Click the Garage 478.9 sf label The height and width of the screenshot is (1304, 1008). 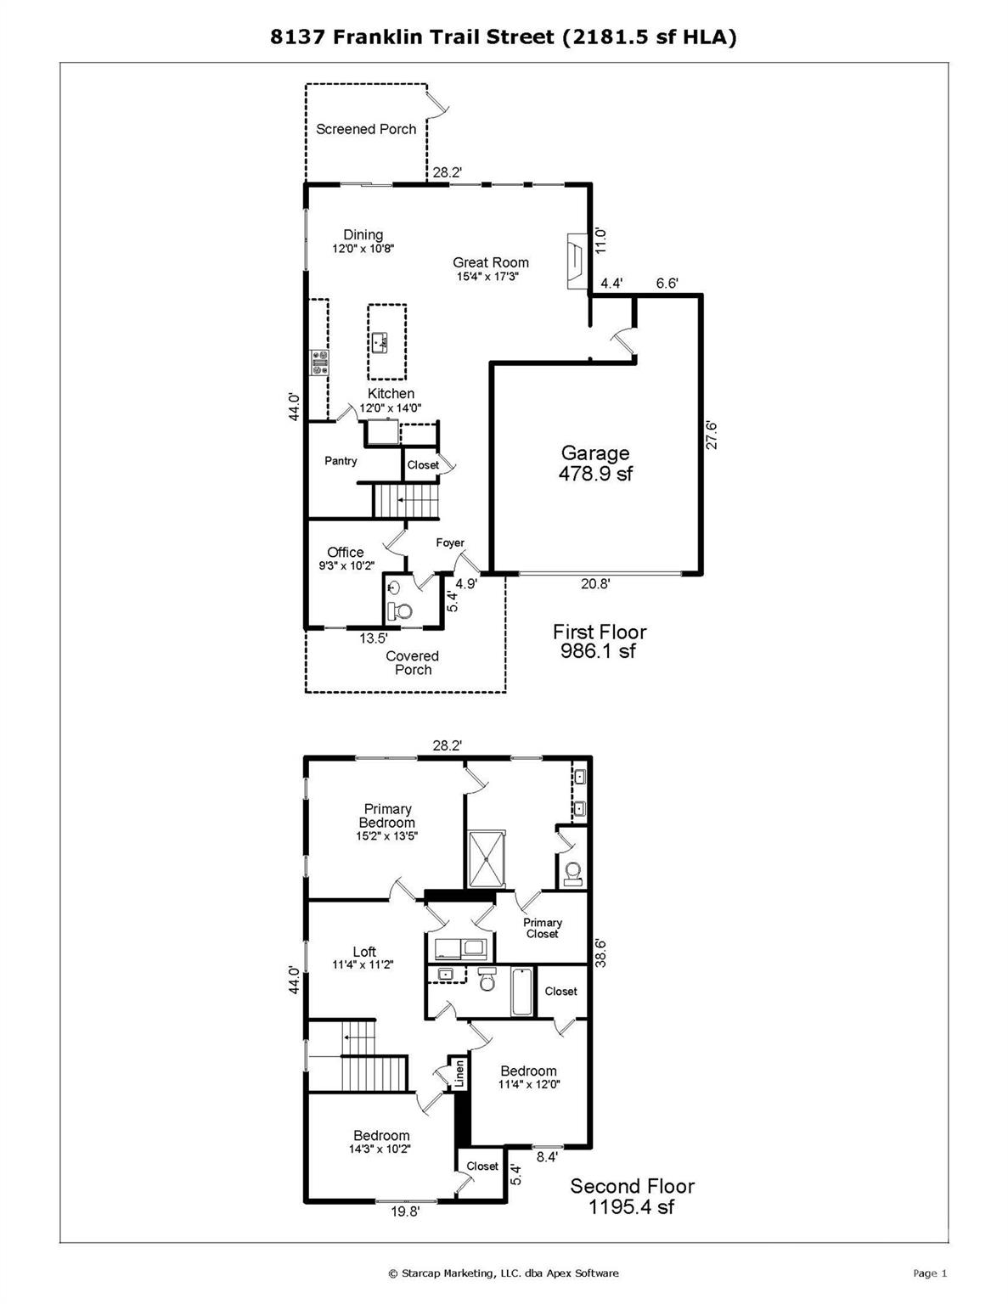tap(596, 463)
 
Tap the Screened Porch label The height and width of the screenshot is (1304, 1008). tap(366, 129)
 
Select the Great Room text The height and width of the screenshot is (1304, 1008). tap(491, 262)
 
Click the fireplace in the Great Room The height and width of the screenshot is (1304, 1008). tap(577, 261)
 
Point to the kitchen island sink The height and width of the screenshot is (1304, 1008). tap(380, 344)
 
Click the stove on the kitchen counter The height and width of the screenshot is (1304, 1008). tap(318, 363)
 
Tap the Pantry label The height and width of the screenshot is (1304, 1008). tap(341, 461)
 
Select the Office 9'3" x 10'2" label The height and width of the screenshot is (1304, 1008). tap(346, 558)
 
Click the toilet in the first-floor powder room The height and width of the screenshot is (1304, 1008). tap(400, 611)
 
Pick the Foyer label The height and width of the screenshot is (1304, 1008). tap(450, 542)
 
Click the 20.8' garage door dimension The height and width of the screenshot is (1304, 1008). tap(595, 584)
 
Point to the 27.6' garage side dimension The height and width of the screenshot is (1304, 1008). tap(711, 435)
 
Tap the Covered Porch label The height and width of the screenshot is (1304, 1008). tap(412, 663)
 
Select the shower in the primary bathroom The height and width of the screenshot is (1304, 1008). tap(487, 859)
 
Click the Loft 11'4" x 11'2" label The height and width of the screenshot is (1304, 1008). tap(363, 958)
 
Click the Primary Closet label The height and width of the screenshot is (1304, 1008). tap(543, 928)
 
